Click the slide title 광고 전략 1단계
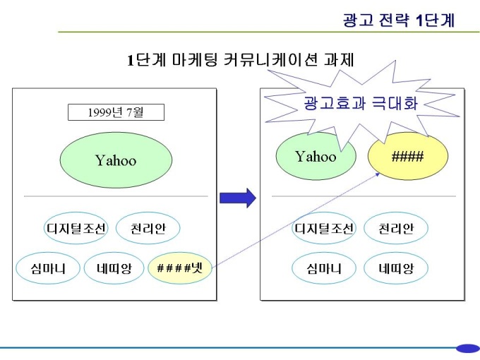[399, 20]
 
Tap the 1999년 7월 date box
[116, 112]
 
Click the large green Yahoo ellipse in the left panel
[116, 160]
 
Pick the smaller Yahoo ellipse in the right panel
[316, 156]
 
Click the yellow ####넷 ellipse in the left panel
[179, 268]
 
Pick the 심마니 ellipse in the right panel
[324, 268]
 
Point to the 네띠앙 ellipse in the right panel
[396, 268]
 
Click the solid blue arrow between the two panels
[238, 198]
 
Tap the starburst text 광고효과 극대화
[360, 104]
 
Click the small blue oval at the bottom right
[467, 348]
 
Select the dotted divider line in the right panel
[364, 196]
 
